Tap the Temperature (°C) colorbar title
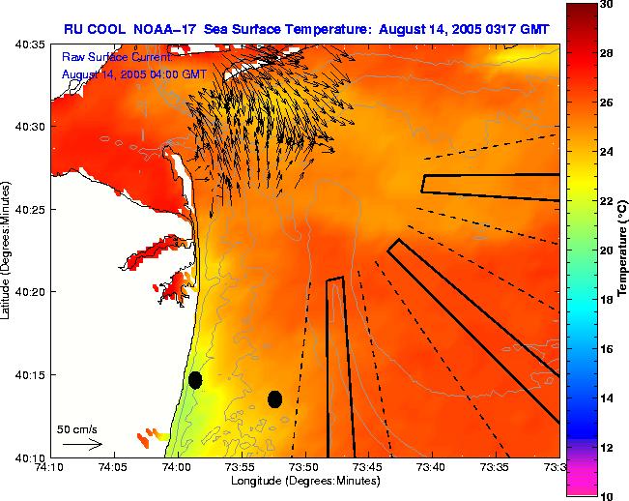pyautogui.click(x=624, y=250)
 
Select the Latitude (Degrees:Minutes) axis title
pyautogui.click(x=8, y=250)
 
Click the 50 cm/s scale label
pyautogui.click(x=76, y=428)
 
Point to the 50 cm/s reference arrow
pyautogui.click(x=82, y=444)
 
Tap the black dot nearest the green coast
pyautogui.click(x=195, y=379)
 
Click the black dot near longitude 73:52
pyautogui.click(x=274, y=398)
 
